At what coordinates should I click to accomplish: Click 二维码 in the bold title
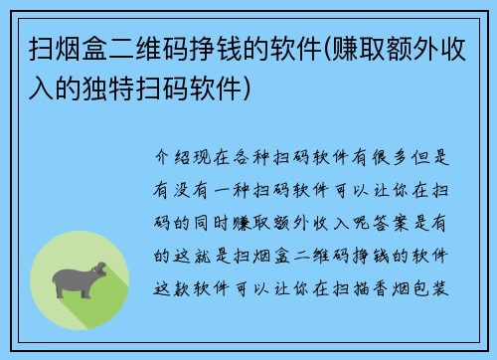click(x=132, y=48)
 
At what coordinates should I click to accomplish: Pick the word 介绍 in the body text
click(x=171, y=157)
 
